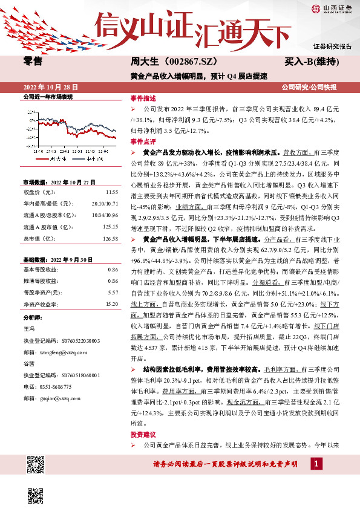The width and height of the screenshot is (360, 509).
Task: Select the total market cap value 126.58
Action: tap(110, 239)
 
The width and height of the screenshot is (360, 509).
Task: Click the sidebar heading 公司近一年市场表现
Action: tap(47, 96)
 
